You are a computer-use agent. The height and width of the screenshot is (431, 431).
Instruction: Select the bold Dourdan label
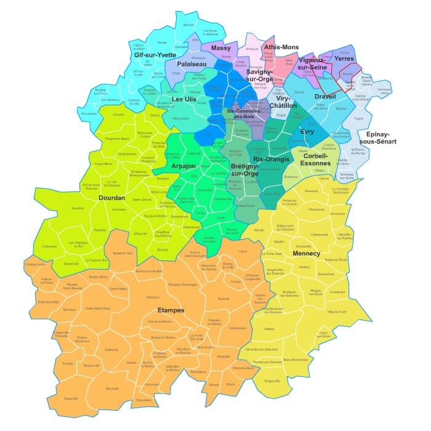[111, 198]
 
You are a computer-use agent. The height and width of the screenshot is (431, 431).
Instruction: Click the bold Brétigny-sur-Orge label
[244, 170]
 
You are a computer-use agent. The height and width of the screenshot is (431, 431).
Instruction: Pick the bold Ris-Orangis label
[272, 159]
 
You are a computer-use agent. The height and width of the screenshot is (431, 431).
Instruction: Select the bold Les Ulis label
[184, 99]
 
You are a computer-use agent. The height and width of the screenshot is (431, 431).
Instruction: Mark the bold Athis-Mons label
[281, 47]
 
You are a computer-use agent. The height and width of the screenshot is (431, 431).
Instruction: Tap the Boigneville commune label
[272, 381]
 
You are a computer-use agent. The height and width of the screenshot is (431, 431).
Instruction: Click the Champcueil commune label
[319, 234]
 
